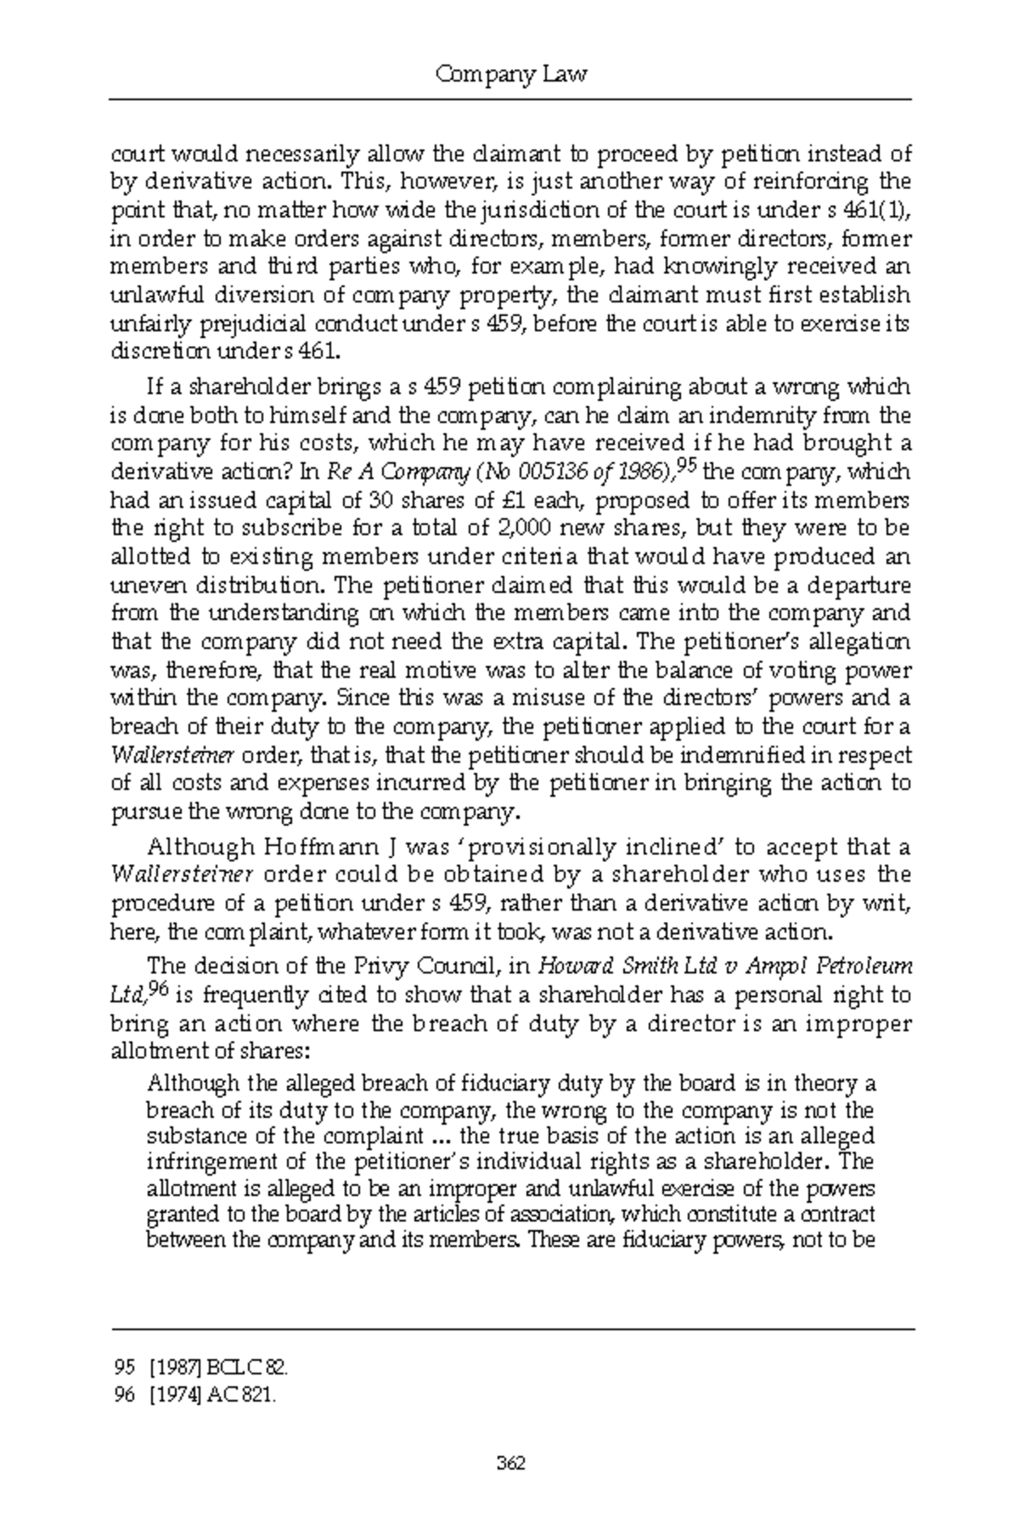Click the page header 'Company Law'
[x=510, y=76]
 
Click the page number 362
[x=510, y=1463]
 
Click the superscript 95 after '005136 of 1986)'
[x=684, y=466]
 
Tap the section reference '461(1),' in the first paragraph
[x=883, y=210]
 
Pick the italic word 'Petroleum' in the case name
[x=864, y=966]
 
